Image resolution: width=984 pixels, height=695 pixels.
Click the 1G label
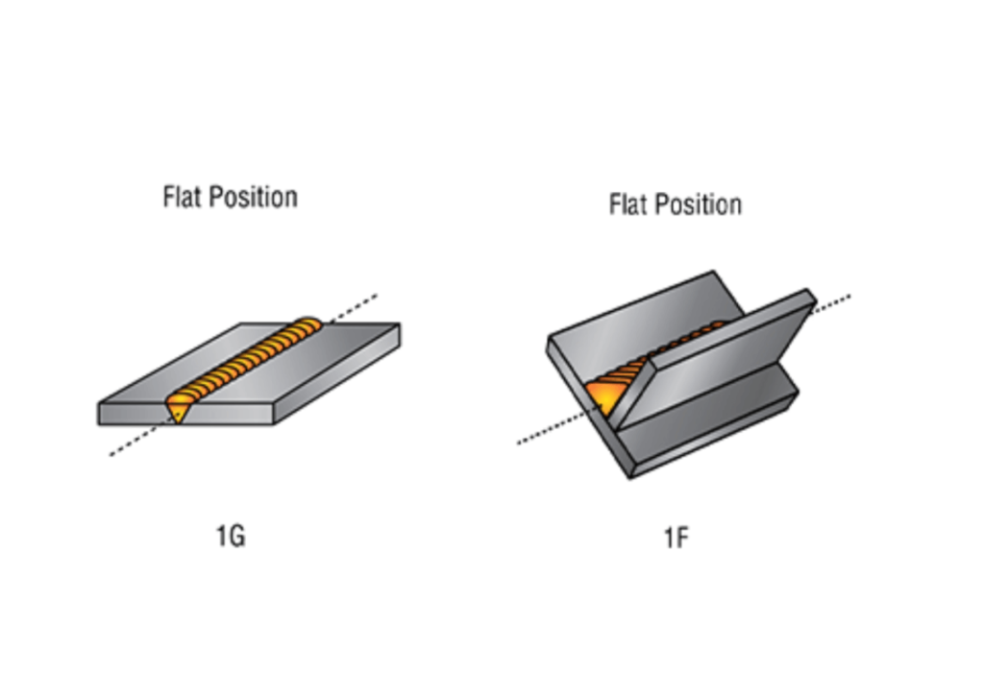(231, 536)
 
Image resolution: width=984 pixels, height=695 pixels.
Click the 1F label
(676, 538)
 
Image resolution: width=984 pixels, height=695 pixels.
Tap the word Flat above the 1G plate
(183, 197)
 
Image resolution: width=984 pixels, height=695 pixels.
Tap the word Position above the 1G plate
(254, 198)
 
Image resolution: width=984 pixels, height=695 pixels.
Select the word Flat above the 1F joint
(628, 204)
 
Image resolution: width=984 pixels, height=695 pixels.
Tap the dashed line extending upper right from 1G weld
(354, 306)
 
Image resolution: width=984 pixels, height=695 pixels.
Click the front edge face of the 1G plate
(221, 414)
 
